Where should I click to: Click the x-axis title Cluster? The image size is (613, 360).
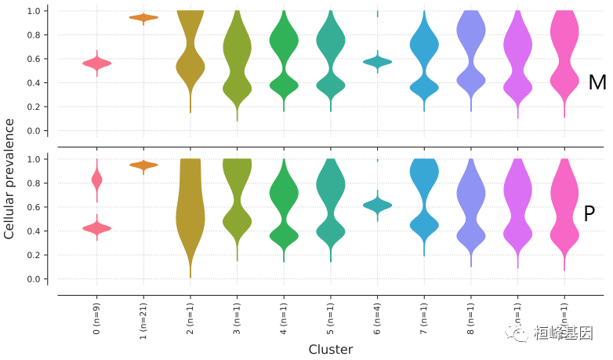coord(330,349)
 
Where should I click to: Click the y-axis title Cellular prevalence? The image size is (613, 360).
coord(9,179)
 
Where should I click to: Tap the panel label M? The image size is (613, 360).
coord(597,82)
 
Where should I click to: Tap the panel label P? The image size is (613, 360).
coord(589,213)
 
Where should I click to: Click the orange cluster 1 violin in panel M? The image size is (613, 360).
coord(143,17)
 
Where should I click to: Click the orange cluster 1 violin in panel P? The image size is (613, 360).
coord(143,165)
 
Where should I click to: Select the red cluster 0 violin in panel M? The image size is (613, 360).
coord(96,63)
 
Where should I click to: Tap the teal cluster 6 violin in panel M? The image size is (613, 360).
coord(378,61)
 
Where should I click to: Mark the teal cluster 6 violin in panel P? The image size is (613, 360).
coord(378,205)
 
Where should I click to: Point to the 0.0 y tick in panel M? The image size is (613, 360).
coord(33,131)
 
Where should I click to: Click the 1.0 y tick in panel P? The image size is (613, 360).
coord(33,159)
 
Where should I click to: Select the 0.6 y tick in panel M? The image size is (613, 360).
coord(33,59)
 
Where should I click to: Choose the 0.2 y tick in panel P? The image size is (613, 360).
coord(33,255)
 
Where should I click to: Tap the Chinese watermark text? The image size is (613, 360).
coord(564,333)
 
